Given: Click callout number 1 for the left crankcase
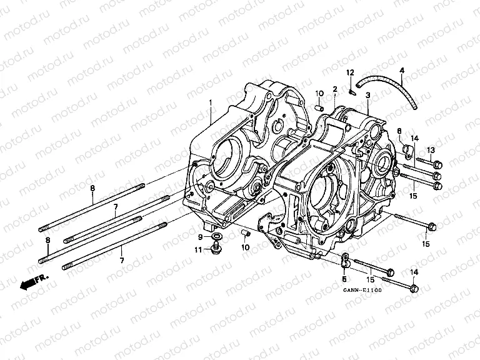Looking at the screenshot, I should pyautogui.click(x=211, y=102).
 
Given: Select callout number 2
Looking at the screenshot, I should pyautogui.click(x=335, y=89).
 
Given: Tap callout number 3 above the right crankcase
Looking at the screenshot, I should pyautogui.click(x=368, y=95).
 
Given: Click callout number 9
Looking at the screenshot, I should pyautogui.click(x=201, y=237).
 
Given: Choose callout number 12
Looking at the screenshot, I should pyautogui.click(x=351, y=72).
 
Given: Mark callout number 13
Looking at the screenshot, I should pyautogui.click(x=430, y=149).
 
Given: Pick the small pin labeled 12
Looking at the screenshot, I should pyautogui.click(x=352, y=93).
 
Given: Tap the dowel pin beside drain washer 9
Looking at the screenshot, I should pyautogui.click(x=246, y=234).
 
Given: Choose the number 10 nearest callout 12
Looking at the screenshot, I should pyautogui.click(x=319, y=94).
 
